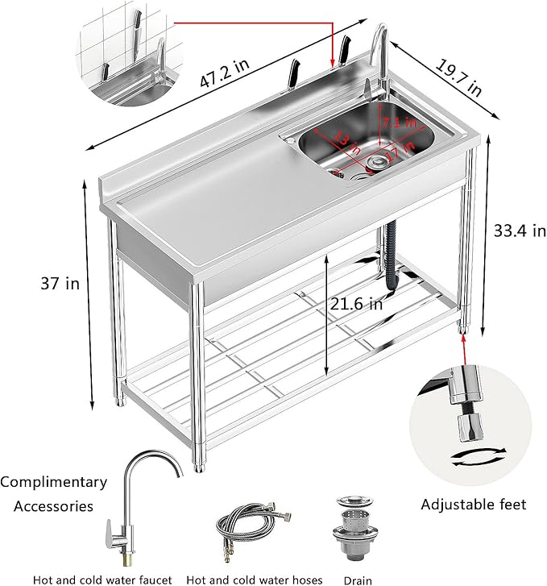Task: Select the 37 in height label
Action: (x=61, y=283)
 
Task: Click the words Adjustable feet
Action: (x=474, y=505)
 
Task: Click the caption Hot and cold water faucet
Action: (x=102, y=580)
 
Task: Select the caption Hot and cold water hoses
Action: (x=254, y=580)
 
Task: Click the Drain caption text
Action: (x=356, y=580)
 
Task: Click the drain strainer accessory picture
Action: (x=354, y=529)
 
